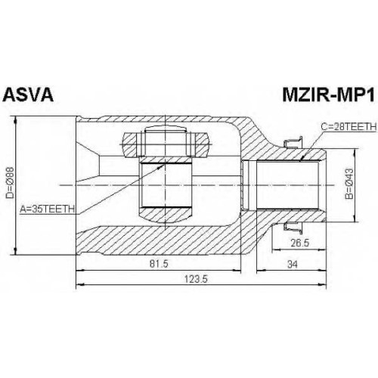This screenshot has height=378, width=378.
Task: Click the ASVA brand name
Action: (28, 94)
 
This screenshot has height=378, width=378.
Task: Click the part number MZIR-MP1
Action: (328, 94)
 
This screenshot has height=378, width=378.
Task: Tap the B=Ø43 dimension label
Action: (349, 184)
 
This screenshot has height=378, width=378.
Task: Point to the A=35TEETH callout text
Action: (48, 209)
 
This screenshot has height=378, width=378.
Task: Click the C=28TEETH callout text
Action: (349, 127)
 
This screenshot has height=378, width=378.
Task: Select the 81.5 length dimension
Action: (159, 264)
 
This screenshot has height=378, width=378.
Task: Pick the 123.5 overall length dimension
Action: (196, 279)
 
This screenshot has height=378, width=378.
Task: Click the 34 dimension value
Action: (293, 265)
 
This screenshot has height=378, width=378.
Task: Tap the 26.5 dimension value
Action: (300, 243)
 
